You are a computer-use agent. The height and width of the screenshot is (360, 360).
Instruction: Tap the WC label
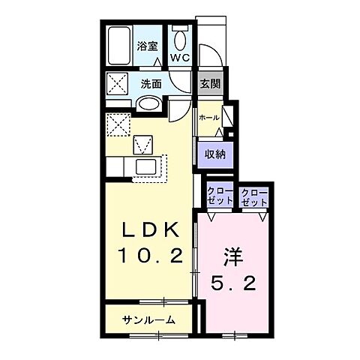180,57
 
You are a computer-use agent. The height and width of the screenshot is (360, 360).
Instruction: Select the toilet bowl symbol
180,37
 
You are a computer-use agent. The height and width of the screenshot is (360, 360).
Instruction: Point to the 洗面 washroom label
151,82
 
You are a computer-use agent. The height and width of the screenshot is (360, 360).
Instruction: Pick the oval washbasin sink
150,103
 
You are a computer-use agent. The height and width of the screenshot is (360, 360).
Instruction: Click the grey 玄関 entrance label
209,83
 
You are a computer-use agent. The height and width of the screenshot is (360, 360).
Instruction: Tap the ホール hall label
208,118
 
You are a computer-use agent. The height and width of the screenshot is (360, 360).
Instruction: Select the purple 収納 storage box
215,154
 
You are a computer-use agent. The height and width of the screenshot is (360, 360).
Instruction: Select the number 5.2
232,283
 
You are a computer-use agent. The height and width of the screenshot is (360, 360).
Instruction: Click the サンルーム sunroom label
150,319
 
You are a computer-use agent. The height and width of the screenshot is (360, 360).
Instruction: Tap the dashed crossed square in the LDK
118,123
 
